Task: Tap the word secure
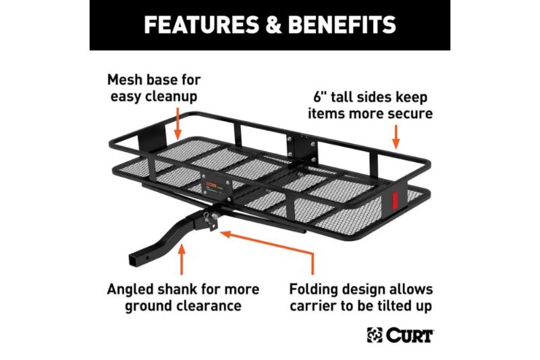[x=409, y=113]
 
